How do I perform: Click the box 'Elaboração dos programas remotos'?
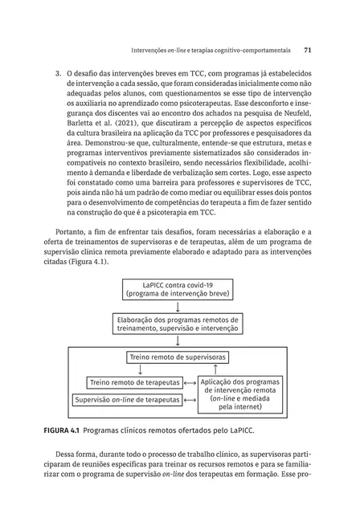tap(177, 323)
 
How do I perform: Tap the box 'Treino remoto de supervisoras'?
tap(176, 357)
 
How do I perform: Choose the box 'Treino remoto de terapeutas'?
tap(133, 382)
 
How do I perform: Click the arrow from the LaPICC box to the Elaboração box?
tap(177, 306)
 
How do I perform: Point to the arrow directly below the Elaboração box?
tap(177, 340)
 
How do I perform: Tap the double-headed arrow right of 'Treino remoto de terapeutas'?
tap(189, 382)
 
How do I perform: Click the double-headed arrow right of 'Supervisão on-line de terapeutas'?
tap(189, 399)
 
